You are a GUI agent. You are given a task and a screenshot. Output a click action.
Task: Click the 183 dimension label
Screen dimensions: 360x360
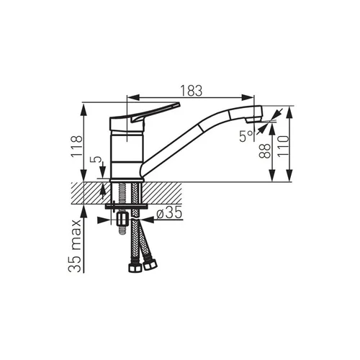[192, 91]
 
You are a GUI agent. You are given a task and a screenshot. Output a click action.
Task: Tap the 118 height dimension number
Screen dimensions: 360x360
[77, 146]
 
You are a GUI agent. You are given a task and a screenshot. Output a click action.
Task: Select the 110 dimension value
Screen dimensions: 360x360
[283, 146]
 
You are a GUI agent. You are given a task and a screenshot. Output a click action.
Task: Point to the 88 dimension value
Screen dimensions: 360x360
[264, 151]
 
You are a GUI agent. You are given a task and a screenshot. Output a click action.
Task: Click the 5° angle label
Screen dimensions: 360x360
[246, 136]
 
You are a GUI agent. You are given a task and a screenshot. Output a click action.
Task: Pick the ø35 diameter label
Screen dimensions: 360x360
[169, 213]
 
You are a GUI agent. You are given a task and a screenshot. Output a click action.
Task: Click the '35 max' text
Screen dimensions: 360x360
[74, 246]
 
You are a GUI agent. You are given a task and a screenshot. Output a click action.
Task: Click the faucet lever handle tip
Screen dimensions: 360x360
[178, 104]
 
